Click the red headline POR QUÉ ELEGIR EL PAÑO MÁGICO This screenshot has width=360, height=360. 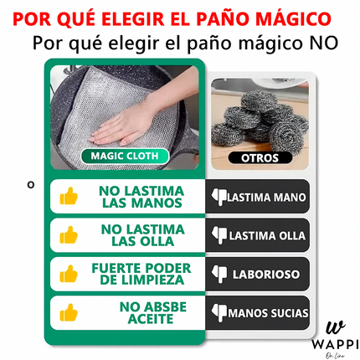pyautogui.click(x=180, y=17)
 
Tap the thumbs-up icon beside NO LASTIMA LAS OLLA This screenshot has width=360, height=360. pyautogui.click(x=68, y=235)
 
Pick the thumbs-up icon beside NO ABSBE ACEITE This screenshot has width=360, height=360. pyautogui.click(x=68, y=312)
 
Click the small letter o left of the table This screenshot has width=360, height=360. pyautogui.click(x=31, y=184)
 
